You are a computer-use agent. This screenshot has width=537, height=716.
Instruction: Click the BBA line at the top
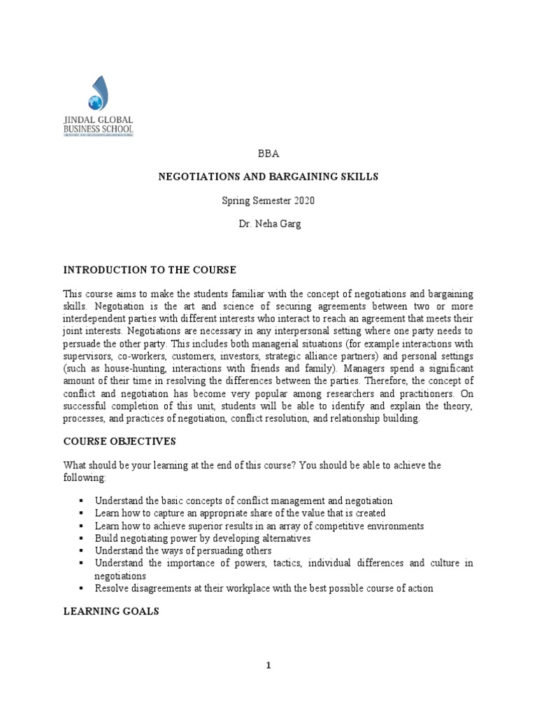[268, 153]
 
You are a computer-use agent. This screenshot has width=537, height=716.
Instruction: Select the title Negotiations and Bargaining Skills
[268, 177]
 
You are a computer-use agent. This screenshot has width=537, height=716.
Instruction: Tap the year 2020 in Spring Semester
[303, 201]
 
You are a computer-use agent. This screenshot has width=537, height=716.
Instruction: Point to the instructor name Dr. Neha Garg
[268, 224]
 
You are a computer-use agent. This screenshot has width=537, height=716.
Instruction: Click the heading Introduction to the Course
[150, 270]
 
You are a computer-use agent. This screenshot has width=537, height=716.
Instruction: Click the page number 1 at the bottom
[268, 666]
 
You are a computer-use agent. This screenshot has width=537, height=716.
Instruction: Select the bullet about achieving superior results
[259, 525]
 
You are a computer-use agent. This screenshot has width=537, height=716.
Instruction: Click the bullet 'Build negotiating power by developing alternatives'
[202, 538]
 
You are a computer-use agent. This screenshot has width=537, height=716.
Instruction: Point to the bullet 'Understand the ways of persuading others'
[183, 551]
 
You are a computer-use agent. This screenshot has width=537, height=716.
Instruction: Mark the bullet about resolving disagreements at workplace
[264, 588]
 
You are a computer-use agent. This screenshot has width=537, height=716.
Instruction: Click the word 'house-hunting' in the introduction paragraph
[134, 368]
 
